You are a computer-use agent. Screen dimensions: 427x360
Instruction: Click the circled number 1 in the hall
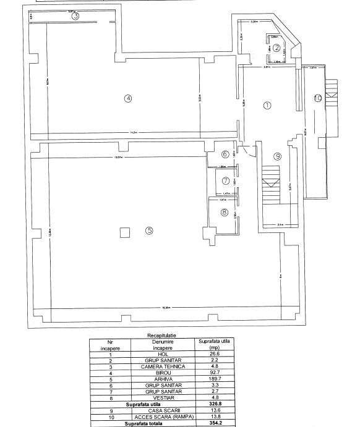(267, 105)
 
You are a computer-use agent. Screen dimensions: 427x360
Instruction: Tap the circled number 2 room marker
(277, 48)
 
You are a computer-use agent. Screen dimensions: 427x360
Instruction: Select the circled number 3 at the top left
(75, 17)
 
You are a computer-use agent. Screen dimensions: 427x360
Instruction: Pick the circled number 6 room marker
(225, 154)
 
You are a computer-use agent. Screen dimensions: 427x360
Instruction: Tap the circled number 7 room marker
(225, 181)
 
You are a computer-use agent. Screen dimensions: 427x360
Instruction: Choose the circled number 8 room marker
(225, 213)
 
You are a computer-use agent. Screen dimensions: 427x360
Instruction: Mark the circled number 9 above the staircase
(278, 156)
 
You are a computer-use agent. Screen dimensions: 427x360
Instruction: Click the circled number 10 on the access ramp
(318, 98)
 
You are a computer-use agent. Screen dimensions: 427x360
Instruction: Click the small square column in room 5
(124, 232)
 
